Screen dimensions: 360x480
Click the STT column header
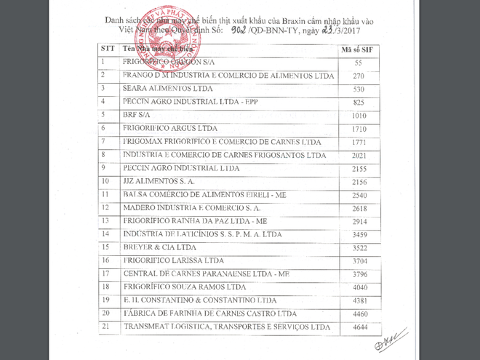pyautogui.click(x=105, y=49)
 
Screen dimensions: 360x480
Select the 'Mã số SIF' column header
pyautogui.click(x=357, y=49)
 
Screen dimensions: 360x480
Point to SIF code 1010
pyautogui.click(x=358, y=115)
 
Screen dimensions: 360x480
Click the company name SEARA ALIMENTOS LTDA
pyautogui.click(x=161, y=89)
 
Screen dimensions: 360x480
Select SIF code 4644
pyautogui.click(x=358, y=327)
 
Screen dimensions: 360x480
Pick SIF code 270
pyautogui.click(x=358, y=76)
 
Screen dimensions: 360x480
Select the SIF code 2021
pyautogui.click(x=358, y=155)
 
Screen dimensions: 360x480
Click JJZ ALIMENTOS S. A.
pyautogui.click(x=159, y=180)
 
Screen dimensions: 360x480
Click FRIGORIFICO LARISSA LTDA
pyautogui.click(x=173, y=260)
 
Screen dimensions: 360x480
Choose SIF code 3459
pyautogui.click(x=358, y=234)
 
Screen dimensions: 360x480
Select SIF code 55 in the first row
pyautogui.click(x=358, y=63)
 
